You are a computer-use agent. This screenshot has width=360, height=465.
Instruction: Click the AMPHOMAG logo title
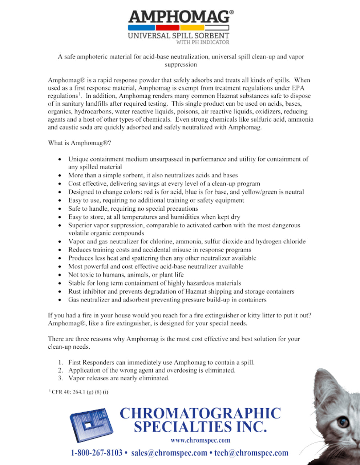click(179, 17)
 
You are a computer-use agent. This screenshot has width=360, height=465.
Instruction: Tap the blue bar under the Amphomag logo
click(141, 28)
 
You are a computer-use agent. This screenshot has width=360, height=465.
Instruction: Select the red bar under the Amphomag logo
click(167, 28)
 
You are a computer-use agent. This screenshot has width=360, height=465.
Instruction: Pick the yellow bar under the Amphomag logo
click(192, 28)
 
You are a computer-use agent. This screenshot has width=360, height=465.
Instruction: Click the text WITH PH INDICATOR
click(203, 42)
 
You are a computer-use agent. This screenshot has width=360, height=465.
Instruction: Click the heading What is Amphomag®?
click(80, 143)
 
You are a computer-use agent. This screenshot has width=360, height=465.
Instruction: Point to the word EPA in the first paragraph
click(298, 88)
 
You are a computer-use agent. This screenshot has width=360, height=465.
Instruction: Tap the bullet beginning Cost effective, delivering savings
click(164, 183)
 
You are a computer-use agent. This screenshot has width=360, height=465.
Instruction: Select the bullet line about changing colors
click(186, 192)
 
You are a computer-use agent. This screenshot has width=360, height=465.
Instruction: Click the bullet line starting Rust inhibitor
click(181, 291)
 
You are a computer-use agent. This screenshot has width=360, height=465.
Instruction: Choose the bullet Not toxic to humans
click(126, 275)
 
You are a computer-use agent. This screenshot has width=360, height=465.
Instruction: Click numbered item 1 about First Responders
click(161, 362)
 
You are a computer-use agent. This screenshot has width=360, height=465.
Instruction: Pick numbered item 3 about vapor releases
click(118, 378)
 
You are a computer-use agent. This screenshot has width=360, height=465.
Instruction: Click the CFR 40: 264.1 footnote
click(80, 392)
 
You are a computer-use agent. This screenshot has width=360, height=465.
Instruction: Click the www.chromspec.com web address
click(200, 440)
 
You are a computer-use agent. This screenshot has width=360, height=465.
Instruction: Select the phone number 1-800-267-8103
click(97, 453)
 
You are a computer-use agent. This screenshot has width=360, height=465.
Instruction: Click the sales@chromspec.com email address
click(169, 453)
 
